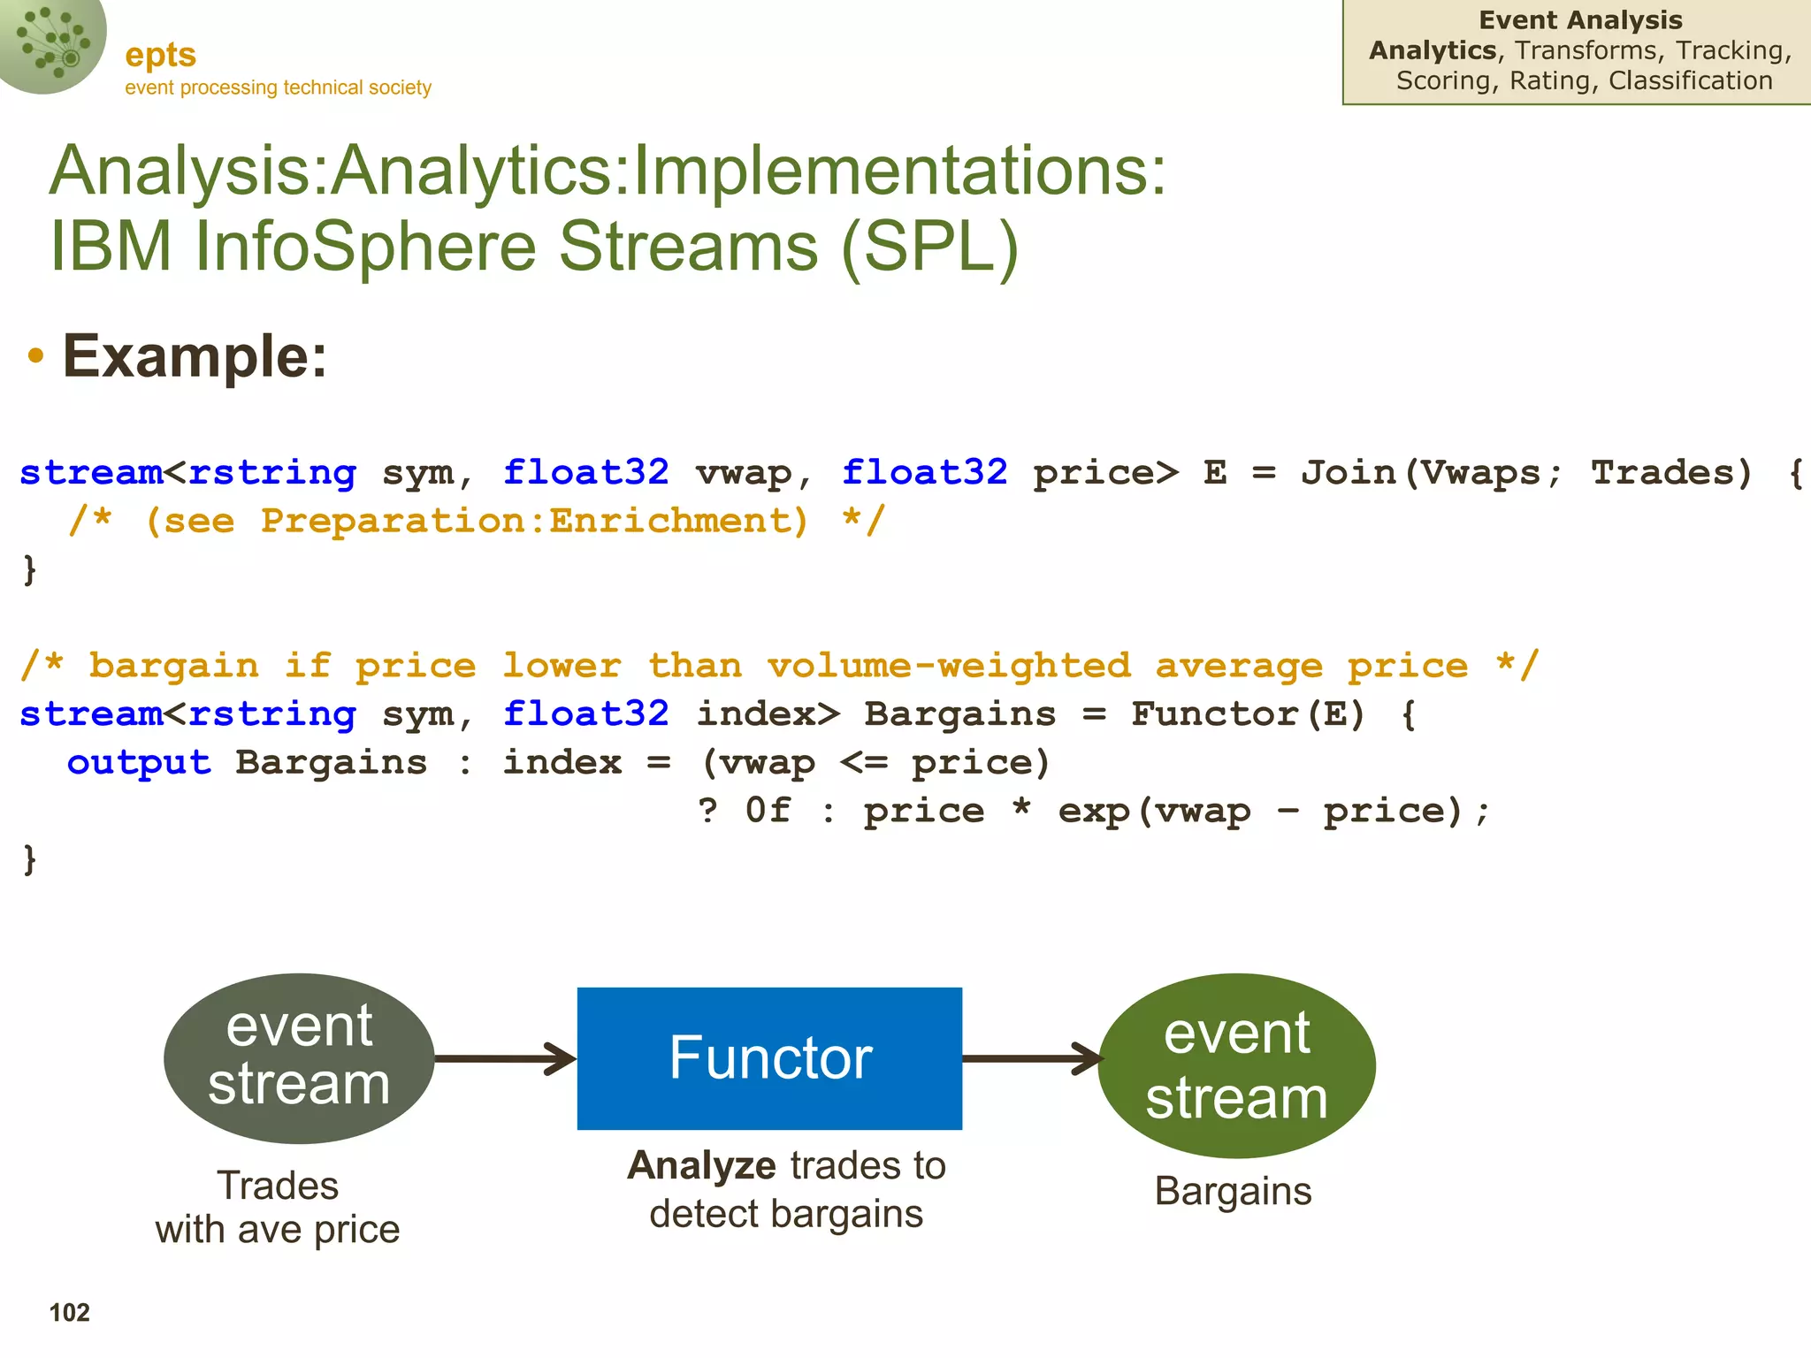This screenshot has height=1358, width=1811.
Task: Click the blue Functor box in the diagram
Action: pyautogui.click(x=769, y=1057)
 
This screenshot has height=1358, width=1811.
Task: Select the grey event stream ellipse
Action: pyautogui.click(x=299, y=1057)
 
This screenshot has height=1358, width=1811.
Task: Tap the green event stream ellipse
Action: pyautogui.click(x=1236, y=1065)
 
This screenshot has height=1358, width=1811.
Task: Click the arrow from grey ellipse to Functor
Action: pyautogui.click(x=505, y=1058)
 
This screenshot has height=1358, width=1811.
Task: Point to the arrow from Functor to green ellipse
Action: pyautogui.click(x=1031, y=1058)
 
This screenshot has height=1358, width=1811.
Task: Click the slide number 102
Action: pyautogui.click(x=69, y=1312)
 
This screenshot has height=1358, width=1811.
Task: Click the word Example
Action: pyautogui.click(x=195, y=356)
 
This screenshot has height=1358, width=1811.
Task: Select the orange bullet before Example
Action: pyautogui.click(x=35, y=356)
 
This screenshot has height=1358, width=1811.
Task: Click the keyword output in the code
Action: pyautogui.click(x=139, y=763)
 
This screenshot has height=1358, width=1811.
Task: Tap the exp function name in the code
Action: pyautogui.click(x=1094, y=811)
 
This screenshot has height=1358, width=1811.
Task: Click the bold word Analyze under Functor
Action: pyautogui.click(x=701, y=1165)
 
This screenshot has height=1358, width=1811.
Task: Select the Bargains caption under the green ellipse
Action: pyautogui.click(x=1233, y=1192)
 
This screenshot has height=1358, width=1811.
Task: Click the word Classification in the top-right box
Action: pyautogui.click(x=1690, y=80)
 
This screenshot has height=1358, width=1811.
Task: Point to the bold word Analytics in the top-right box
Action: pyautogui.click(x=1432, y=50)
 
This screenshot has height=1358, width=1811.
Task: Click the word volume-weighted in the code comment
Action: pyautogui.click(x=949, y=666)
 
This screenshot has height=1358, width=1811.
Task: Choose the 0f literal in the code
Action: pyautogui.click(x=768, y=811)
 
